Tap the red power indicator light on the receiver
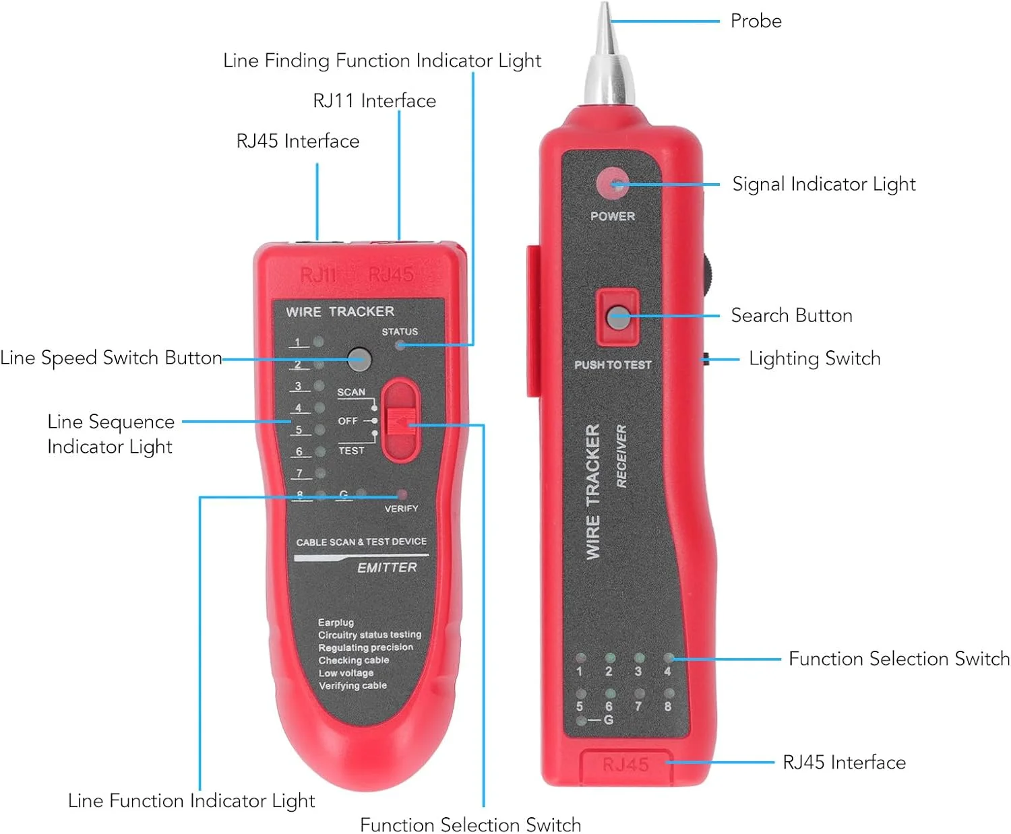tap(612, 183)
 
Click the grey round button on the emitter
tap(359, 359)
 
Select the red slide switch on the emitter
tap(401, 422)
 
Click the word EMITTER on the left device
tap(387, 568)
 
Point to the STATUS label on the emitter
tap(400, 331)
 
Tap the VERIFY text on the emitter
tap(401, 509)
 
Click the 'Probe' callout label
tap(756, 21)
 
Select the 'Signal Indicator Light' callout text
tap(824, 184)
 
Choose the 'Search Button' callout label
tap(791, 315)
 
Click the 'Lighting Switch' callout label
tap(814, 358)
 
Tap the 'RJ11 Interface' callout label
tap(374, 101)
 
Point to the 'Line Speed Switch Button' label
tap(111, 358)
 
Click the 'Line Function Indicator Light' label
tap(191, 800)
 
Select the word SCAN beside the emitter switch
tap(351, 392)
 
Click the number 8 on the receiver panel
tap(667, 707)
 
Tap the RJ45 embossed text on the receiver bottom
tap(625, 765)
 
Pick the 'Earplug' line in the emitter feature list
tap(336, 622)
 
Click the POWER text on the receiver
tap(612, 216)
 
